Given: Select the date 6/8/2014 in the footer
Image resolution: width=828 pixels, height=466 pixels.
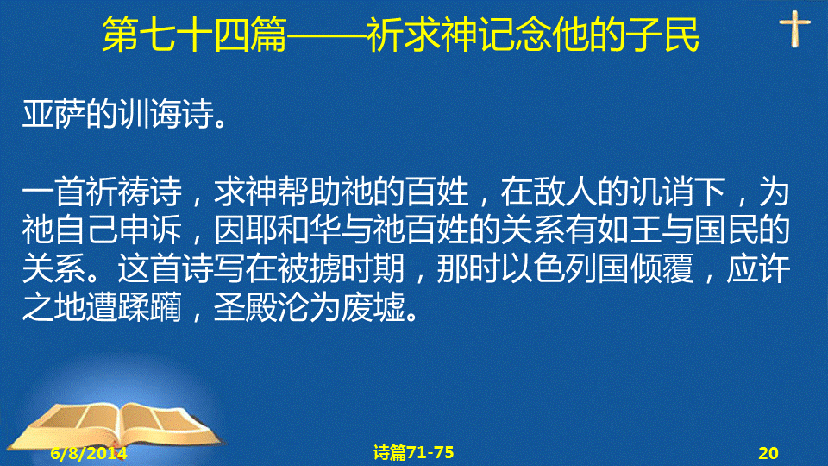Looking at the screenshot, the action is [x=89, y=453].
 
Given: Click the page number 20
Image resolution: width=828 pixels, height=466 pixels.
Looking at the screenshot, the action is [x=768, y=453].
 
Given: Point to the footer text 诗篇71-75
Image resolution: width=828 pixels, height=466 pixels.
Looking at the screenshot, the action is [x=413, y=452].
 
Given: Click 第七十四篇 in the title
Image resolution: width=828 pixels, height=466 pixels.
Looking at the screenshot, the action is [x=194, y=35].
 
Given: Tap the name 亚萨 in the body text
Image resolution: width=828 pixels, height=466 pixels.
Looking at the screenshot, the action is [x=53, y=113].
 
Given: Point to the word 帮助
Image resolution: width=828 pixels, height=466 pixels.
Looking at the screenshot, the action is [x=310, y=192].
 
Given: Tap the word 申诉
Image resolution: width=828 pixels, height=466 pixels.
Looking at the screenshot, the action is [x=150, y=230].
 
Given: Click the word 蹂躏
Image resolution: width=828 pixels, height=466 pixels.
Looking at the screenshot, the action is [x=150, y=307].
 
